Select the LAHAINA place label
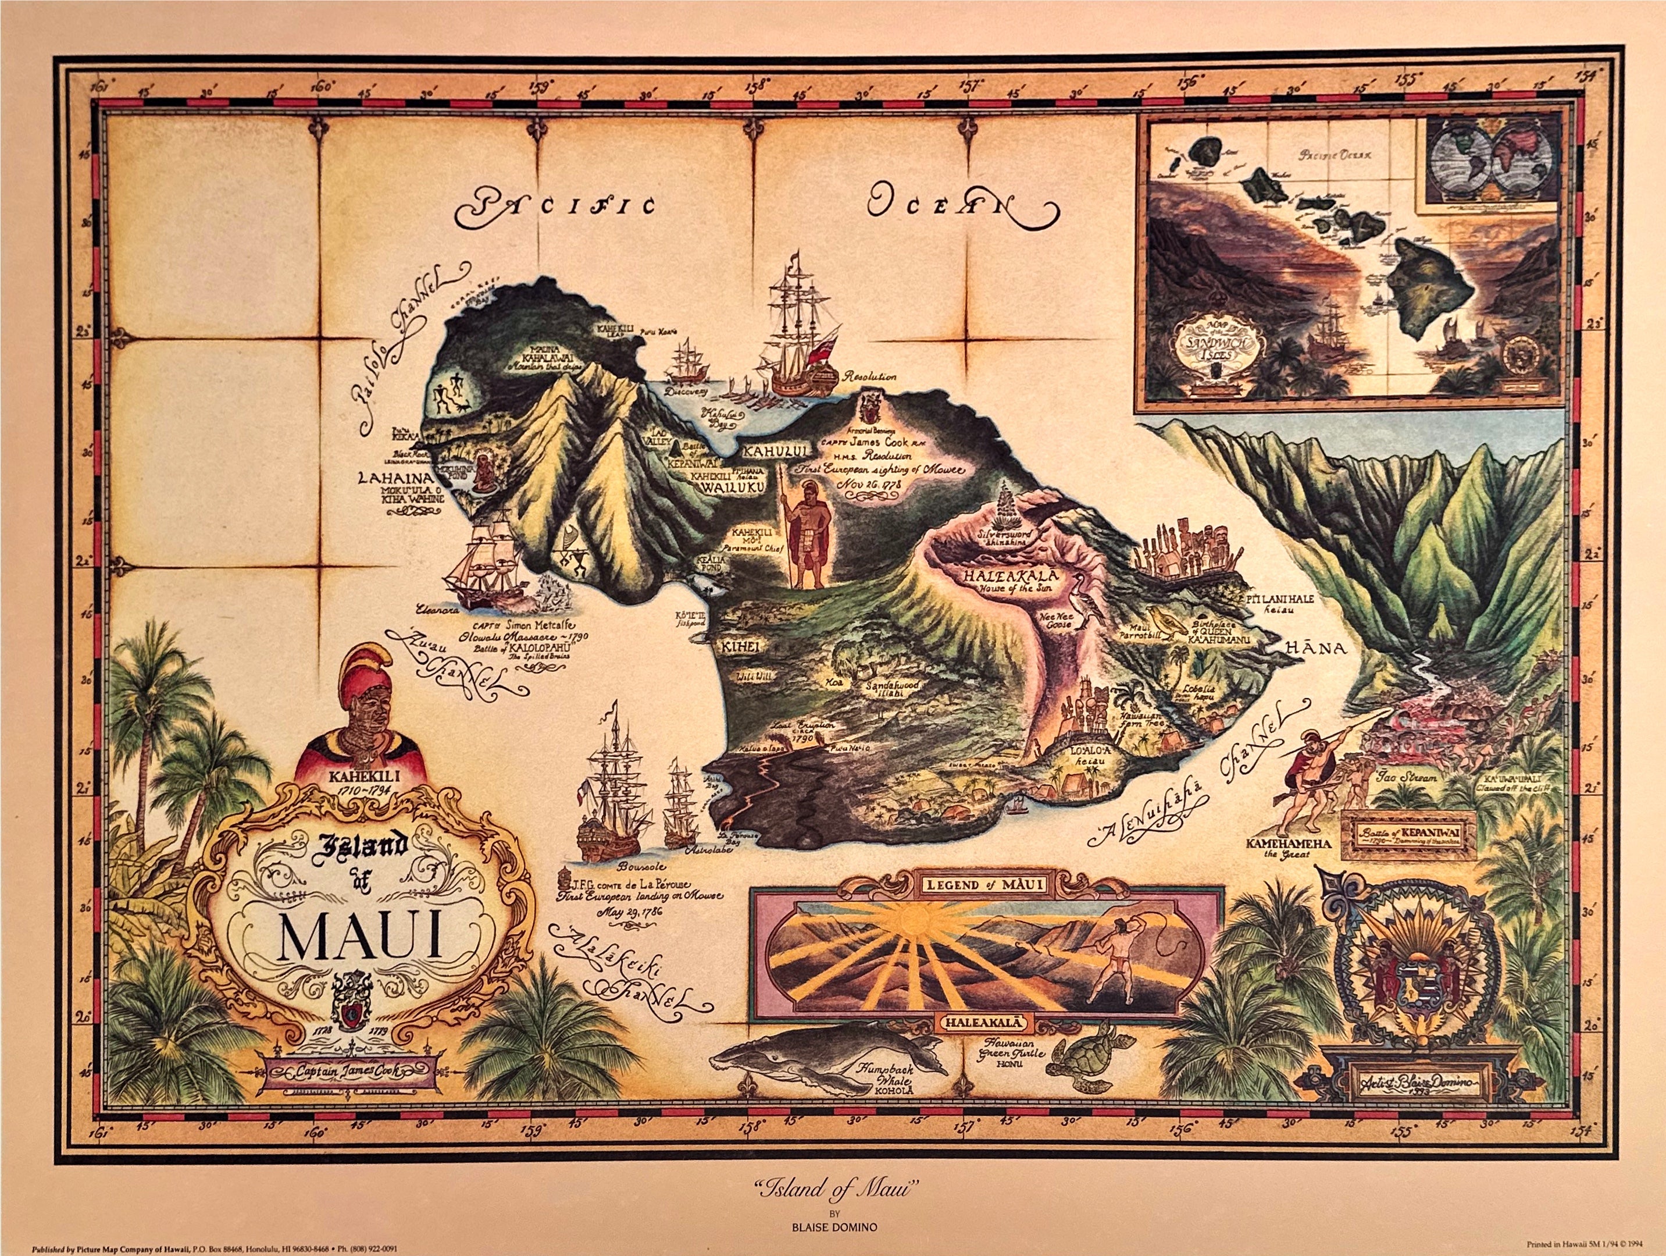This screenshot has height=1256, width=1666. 395,478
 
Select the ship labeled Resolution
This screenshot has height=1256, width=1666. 798,339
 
